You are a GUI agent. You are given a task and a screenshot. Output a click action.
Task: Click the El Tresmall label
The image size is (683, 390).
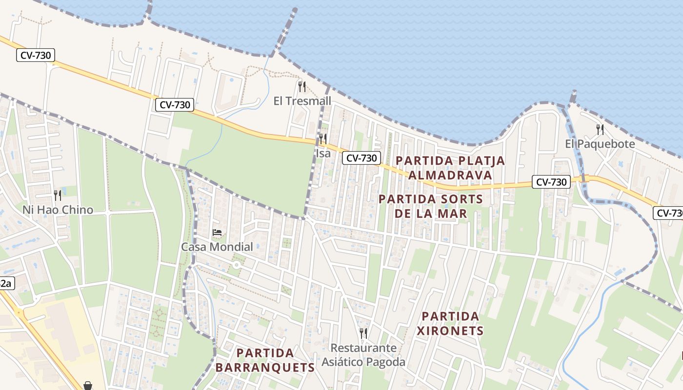[x=302, y=101]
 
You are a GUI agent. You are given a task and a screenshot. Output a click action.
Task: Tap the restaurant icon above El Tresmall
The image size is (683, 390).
[x=302, y=87]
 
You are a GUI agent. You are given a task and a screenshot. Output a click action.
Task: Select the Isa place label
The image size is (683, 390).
[x=323, y=153]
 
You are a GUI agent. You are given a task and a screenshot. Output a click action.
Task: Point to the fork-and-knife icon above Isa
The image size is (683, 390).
[x=323, y=138]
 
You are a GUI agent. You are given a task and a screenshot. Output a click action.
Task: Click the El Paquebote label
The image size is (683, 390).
[x=600, y=144]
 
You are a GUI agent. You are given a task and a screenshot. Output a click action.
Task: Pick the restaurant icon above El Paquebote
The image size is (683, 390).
[x=600, y=129]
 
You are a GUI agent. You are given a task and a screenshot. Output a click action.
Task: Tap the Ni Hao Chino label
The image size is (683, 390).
[x=58, y=210]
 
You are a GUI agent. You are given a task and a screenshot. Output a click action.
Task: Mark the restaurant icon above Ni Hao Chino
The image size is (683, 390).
[x=58, y=195]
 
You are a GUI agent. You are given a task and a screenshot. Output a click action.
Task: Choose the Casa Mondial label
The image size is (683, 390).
[x=217, y=247]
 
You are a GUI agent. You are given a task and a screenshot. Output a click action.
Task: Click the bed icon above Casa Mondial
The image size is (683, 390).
[x=217, y=233]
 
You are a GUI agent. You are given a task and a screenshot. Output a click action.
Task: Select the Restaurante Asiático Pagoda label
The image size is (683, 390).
[x=363, y=355]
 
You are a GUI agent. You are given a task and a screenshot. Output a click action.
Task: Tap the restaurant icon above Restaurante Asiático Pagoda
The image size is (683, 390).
[x=363, y=333]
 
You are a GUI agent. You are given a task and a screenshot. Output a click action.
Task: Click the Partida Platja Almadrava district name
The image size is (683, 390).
[x=450, y=167]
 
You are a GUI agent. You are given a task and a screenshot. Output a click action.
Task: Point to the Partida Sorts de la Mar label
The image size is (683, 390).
[x=430, y=206]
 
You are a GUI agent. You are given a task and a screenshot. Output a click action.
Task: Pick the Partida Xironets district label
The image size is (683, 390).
[x=451, y=323]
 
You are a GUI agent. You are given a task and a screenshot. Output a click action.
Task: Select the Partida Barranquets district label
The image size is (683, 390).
[x=265, y=360]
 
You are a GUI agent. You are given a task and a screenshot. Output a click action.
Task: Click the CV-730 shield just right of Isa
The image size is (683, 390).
[x=361, y=158]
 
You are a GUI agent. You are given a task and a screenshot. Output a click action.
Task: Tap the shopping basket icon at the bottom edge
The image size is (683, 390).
[x=88, y=386]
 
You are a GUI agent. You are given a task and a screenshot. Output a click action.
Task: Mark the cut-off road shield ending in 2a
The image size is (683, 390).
[x=6, y=283]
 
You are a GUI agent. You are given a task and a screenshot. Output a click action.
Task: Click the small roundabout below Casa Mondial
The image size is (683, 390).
[x=237, y=265]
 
